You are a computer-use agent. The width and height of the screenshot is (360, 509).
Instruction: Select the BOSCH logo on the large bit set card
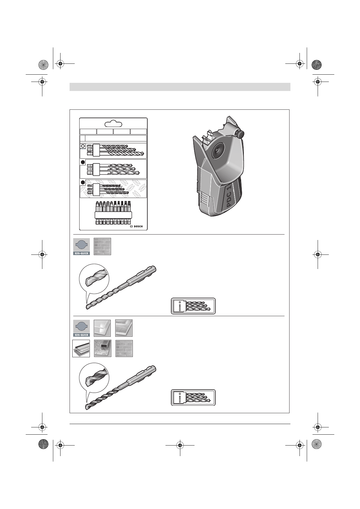[x=136, y=226]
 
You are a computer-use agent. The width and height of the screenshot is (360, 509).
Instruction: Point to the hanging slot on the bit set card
[x=113, y=124]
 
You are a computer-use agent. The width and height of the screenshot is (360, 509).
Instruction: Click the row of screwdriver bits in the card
[x=113, y=213]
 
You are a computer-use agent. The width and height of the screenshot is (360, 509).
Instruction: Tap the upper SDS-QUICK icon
[x=81, y=247]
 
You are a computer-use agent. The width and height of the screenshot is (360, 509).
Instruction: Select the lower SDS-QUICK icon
[x=81, y=328]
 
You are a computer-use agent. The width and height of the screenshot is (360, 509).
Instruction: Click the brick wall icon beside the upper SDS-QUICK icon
[x=102, y=247]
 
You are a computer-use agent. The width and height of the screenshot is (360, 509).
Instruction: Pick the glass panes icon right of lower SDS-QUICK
[x=102, y=328]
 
